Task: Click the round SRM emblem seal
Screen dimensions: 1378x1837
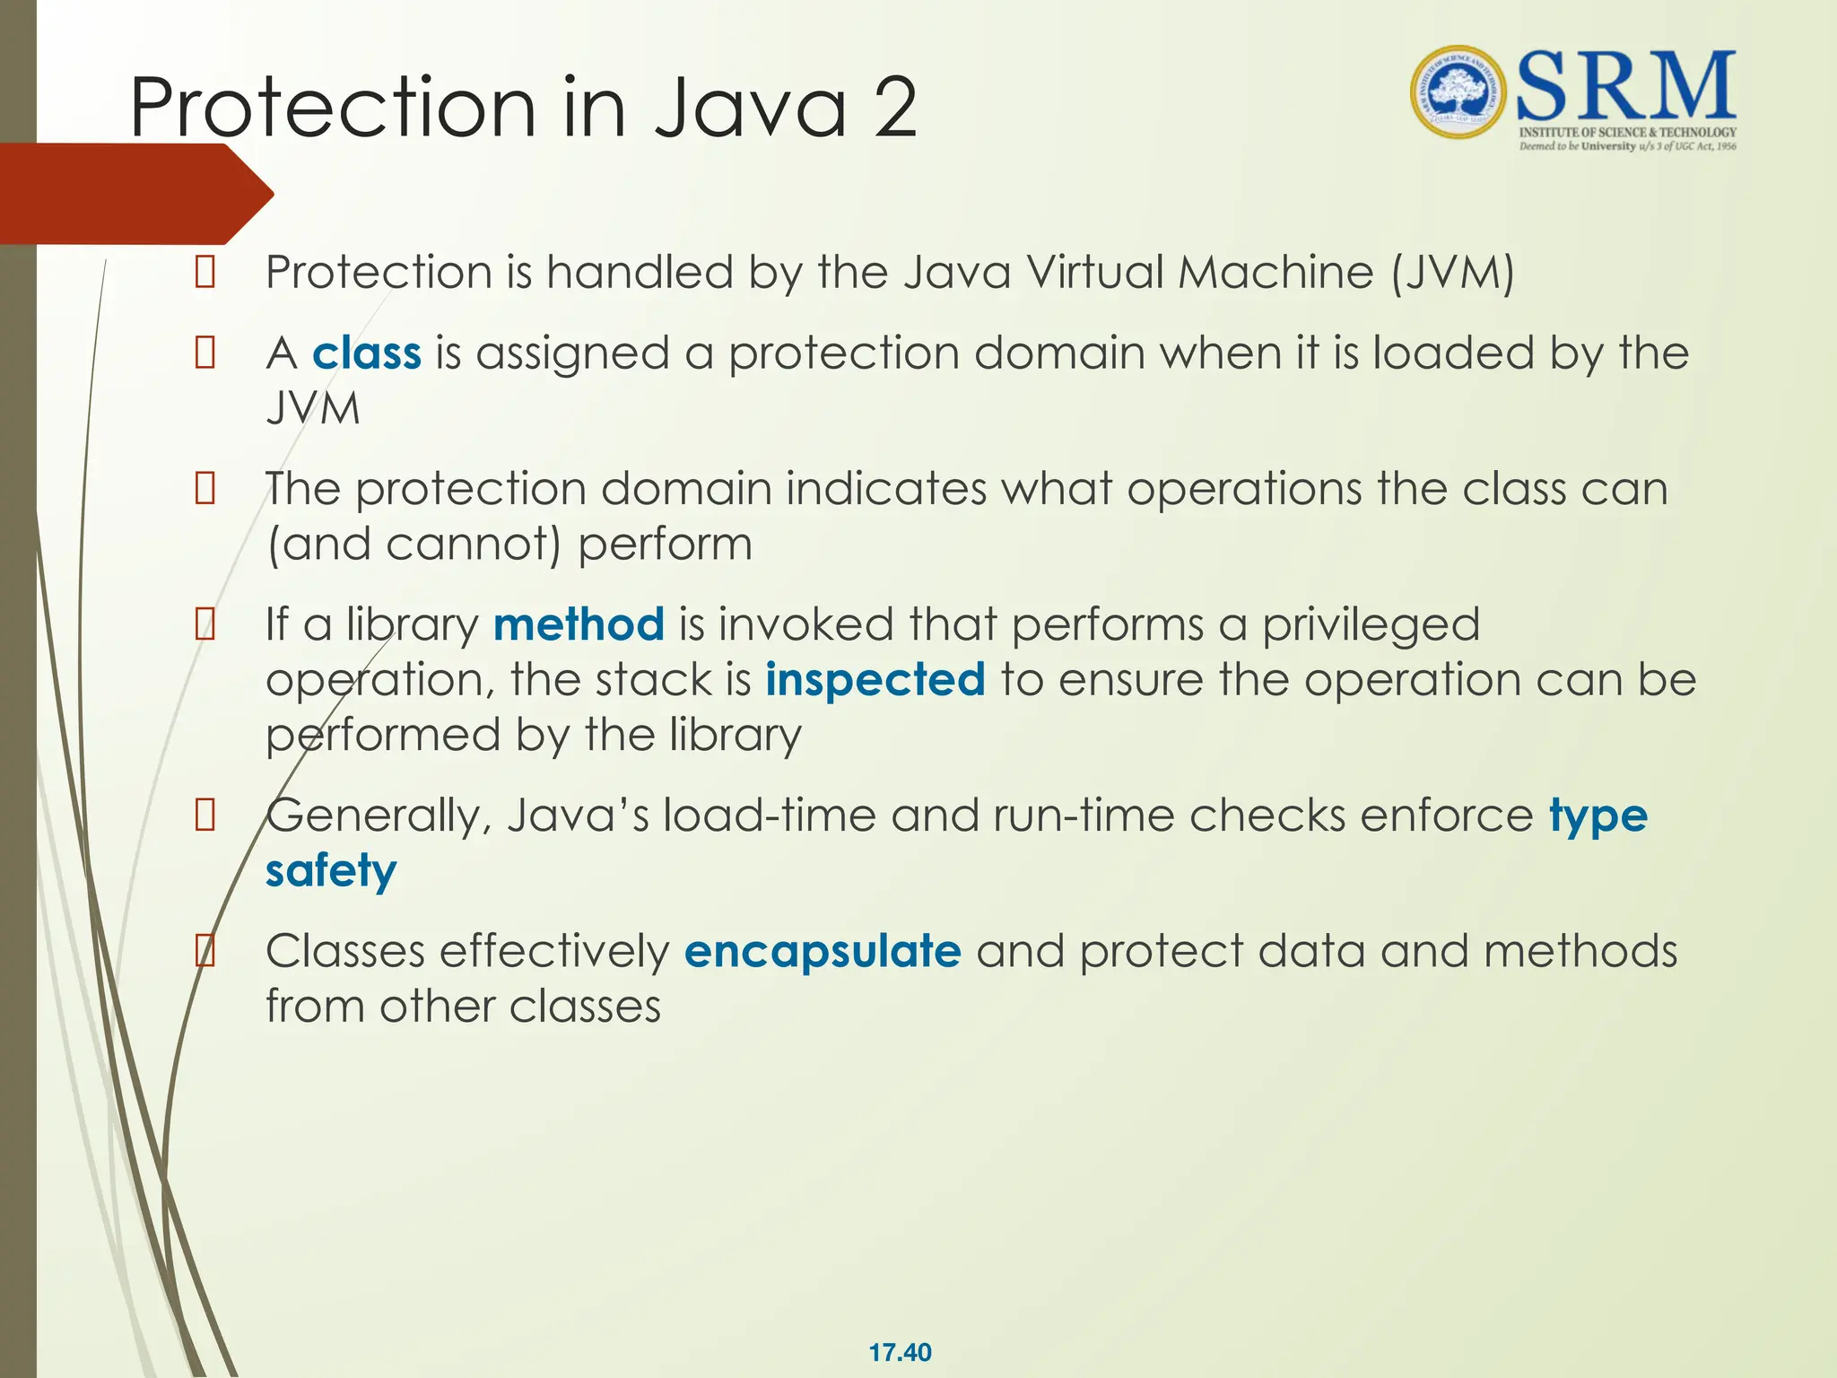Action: tap(1459, 92)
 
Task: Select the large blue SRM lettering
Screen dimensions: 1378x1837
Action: tap(1625, 86)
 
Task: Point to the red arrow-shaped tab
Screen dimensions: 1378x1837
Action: tap(135, 194)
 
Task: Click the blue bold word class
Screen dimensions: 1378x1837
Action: tap(366, 353)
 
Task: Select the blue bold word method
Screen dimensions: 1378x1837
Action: tap(579, 624)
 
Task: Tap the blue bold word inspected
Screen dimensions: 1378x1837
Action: tap(875, 680)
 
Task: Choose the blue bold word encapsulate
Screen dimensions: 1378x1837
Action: tap(823, 952)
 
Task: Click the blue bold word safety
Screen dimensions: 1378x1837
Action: tap(331, 871)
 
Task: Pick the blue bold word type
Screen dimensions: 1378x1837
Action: tap(1598, 816)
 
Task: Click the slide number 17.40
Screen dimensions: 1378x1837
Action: tap(900, 1352)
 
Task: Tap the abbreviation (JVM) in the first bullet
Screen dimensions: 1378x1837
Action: tap(1452, 273)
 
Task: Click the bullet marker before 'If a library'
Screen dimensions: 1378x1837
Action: tap(205, 624)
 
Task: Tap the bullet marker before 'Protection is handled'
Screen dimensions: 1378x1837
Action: tap(205, 272)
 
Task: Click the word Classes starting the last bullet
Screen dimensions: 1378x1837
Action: tap(345, 952)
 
